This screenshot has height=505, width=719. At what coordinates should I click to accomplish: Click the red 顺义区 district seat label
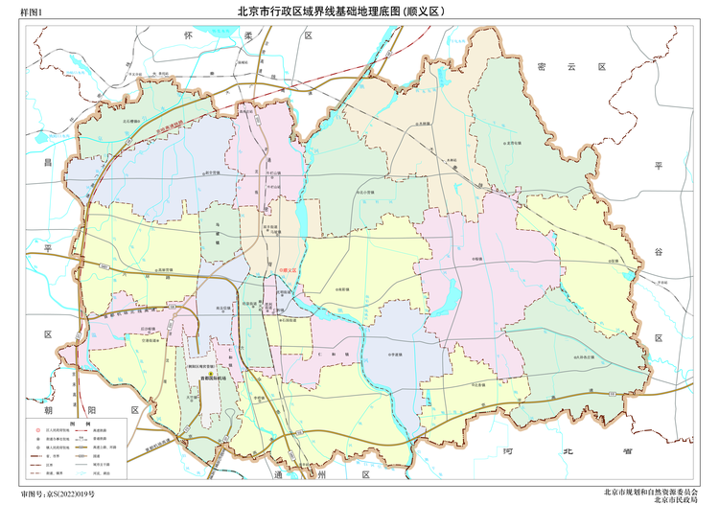tap(288, 272)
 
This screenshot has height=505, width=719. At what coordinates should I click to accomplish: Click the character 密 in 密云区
tap(543, 66)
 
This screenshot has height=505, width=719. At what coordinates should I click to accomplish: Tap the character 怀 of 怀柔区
tap(189, 34)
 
